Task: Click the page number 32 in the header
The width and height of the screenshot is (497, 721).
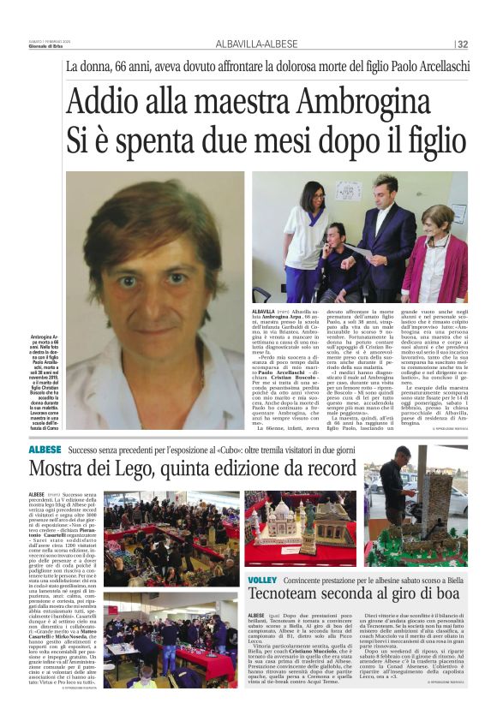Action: [x=463, y=45]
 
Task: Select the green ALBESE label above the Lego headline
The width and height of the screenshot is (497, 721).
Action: [x=45, y=450]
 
